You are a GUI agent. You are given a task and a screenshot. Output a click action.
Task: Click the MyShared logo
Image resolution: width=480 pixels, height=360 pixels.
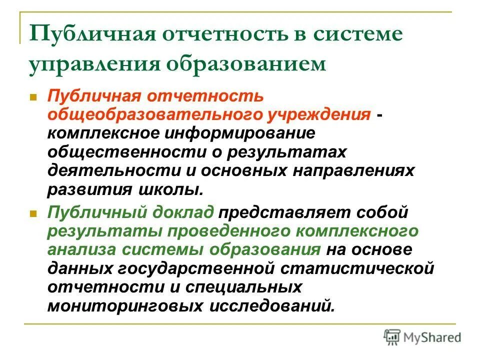(x=422, y=336)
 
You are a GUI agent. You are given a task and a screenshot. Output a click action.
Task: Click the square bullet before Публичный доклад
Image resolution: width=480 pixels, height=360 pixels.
(x=34, y=213)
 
